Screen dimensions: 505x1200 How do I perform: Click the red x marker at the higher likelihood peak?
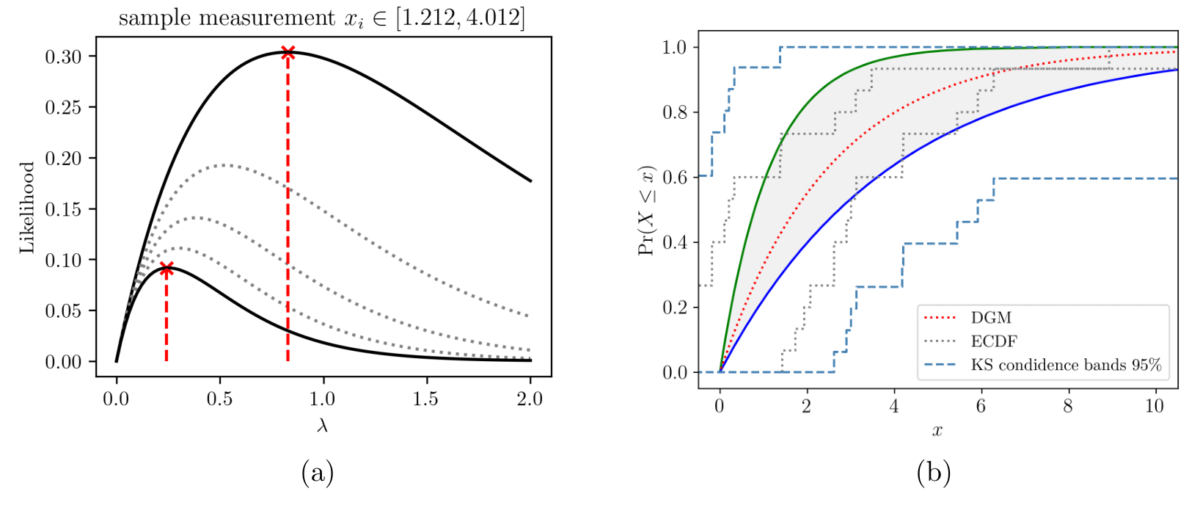tap(288, 53)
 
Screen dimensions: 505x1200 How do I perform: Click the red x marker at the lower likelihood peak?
tap(167, 269)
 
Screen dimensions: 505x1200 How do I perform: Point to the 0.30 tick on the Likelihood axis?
tap(64, 57)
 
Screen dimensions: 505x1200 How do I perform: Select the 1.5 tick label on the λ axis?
tap(425, 399)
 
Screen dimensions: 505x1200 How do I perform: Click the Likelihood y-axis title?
tap(27, 208)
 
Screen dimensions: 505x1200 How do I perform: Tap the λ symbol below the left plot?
tap(322, 426)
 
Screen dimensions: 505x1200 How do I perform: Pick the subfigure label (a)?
tap(317, 473)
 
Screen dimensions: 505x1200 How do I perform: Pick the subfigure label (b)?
tap(933, 473)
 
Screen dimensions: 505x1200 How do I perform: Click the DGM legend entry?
tap(991, 318)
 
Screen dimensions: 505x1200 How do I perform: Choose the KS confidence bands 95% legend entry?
tap(1066, 365)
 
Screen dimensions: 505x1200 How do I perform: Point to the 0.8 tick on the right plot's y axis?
tap(675, 112)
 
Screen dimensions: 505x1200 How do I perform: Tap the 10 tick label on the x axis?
tap(1155, 407)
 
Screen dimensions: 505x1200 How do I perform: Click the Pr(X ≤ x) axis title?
tap(647, 210)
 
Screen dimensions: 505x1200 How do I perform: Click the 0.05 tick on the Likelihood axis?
tap(64, 310)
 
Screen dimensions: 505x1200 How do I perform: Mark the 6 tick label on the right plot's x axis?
tap(981, 407)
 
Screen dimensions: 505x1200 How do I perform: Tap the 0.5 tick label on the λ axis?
tap(219, 399)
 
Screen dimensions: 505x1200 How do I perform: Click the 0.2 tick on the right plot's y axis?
tap(675, 308)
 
